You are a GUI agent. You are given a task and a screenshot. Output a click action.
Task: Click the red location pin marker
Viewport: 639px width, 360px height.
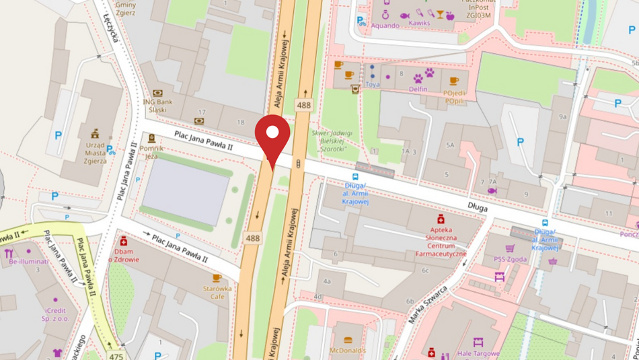point(272,135)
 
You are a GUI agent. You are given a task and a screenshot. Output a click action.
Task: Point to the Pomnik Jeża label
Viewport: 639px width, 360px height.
point(151,151)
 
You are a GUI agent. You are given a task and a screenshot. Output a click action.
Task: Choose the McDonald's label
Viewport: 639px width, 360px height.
point(347,351)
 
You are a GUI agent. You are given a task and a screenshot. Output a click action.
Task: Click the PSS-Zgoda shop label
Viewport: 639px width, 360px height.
point(509,258)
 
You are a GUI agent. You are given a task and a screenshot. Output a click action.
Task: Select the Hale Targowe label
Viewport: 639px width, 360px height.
point(478,353)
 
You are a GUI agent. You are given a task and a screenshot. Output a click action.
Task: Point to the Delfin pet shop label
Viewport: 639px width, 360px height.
point(418,88)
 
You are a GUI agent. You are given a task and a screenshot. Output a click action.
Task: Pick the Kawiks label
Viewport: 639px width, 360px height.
point(419,24)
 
